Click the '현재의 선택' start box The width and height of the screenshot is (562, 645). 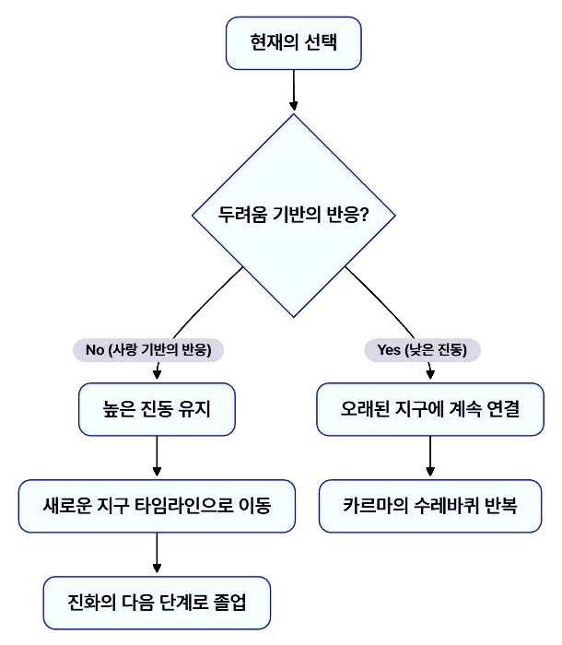[294, 43]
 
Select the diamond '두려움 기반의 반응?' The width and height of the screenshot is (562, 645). [294, 216]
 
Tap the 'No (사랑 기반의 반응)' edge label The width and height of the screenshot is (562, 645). [149, 350]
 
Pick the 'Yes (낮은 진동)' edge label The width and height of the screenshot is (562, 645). [429, 350]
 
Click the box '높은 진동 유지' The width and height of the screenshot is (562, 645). [158, 408]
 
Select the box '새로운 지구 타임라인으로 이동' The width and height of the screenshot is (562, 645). [158, 505]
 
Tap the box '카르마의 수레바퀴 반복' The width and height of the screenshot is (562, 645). [430, 505]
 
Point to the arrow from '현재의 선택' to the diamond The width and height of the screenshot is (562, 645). [294, 89]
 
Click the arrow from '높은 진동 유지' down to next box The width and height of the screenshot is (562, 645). [158, 456]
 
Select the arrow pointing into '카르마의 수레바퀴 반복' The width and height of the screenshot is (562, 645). [430, 456]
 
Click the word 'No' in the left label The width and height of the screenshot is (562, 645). [95, 350]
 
